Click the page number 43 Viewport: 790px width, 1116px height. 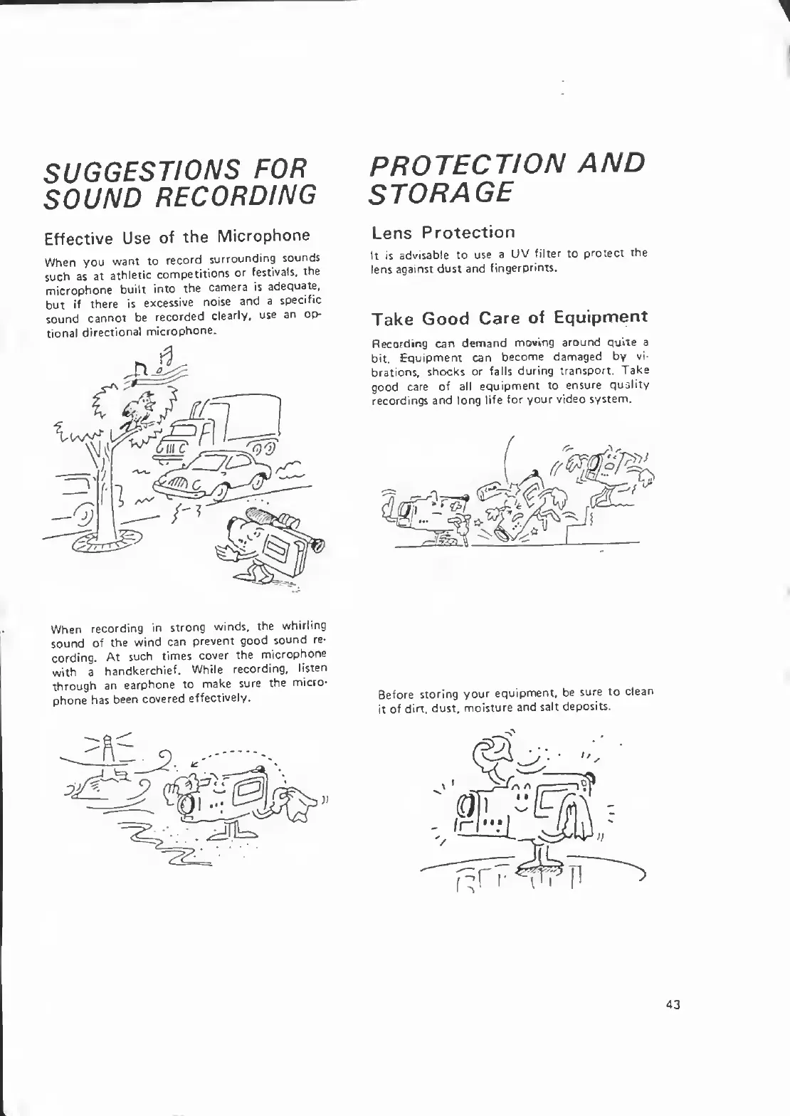[673, 1004]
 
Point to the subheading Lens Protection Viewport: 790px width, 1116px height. [443, 232]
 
